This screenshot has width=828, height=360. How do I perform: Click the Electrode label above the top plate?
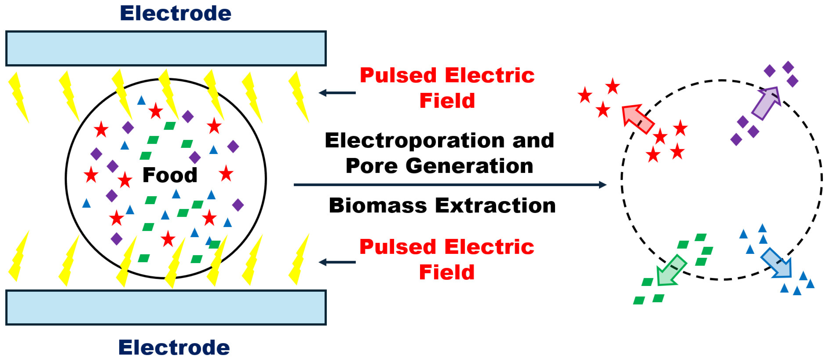pyautogui.click(x=176, y=13)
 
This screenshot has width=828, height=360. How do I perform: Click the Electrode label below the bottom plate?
pyautogui.click(x=174, y=347)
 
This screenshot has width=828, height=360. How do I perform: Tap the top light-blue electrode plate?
pyautogui.click(x=166, y=49)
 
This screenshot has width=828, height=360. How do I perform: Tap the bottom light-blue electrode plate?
pyautogui.click(x=166, y=308)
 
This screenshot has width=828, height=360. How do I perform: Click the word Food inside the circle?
pyautogui.click(x=170, y=175)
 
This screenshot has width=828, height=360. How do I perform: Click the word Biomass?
pyautogui.click(x=378, y=205)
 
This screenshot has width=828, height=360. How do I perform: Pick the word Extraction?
pyautogui.click(x=495, y=205)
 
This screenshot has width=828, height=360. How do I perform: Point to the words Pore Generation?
pyautogui.click(x=439, y=166)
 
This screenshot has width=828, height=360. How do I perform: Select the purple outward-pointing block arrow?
pyautogui.click(x=767, y=103)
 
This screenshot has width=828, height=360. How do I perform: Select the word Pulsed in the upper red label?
pyautogui.click(x=398, y=76)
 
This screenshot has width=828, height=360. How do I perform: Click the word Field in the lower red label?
pyautogui.click(x=447, y=272)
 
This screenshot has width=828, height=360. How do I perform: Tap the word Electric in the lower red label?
pyautogui.click(x=489, y=247)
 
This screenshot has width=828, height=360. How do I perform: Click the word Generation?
pyautogui.click(x=469, y=166)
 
